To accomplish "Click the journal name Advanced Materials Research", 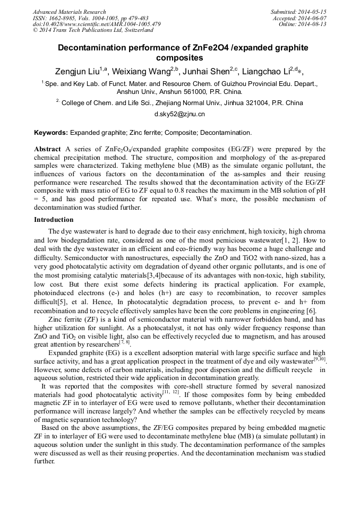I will (69, 12).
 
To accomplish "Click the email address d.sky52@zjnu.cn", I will (179, 114).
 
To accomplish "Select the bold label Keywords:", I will (51, 132).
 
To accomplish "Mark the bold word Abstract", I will (47, 149).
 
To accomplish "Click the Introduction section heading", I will (54, 219).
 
